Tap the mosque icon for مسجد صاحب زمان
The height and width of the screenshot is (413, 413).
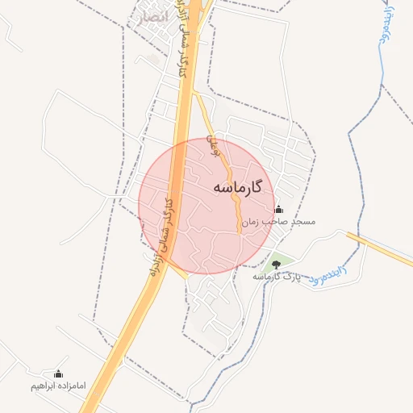coord(279,210)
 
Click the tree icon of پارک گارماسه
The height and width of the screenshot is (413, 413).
coord(277,265)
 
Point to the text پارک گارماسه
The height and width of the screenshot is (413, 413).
coord(277,277)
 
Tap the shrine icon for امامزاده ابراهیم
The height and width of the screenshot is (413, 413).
coord(57,374)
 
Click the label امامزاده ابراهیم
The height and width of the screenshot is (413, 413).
coord(57,386)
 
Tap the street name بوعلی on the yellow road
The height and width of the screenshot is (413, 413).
coord(213,145)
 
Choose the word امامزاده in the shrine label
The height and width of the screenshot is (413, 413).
coord(73,386)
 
